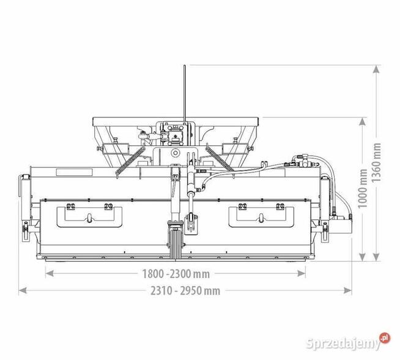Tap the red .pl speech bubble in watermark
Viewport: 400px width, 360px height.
tap(384, 337)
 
